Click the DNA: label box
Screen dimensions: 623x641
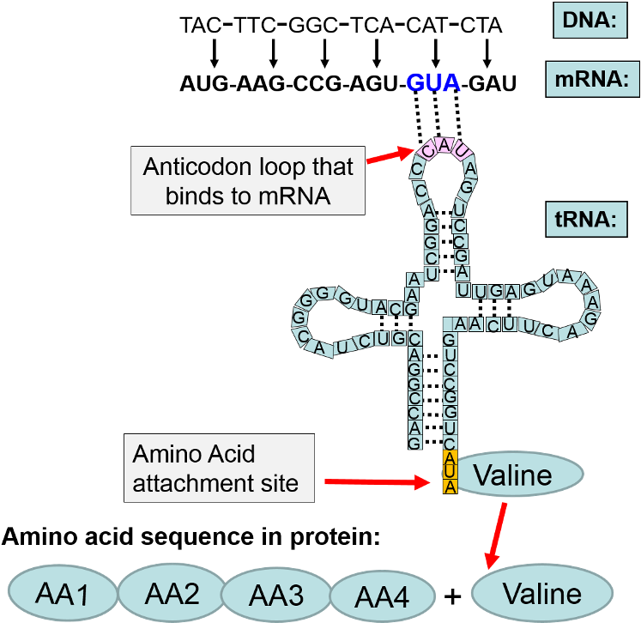coord(590,21)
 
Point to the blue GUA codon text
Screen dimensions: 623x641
coord(433,83)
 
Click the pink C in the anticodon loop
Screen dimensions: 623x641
coord(429,149)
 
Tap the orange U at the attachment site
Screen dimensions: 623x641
coord(449,472)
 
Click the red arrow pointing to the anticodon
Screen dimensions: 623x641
coord(390,156)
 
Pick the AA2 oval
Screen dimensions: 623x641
coord(171,592)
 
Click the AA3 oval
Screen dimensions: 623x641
coord(276,595)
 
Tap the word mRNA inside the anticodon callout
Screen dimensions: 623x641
coord(293,195)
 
